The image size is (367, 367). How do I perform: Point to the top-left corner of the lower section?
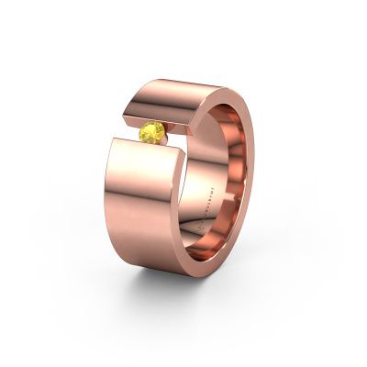113,140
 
